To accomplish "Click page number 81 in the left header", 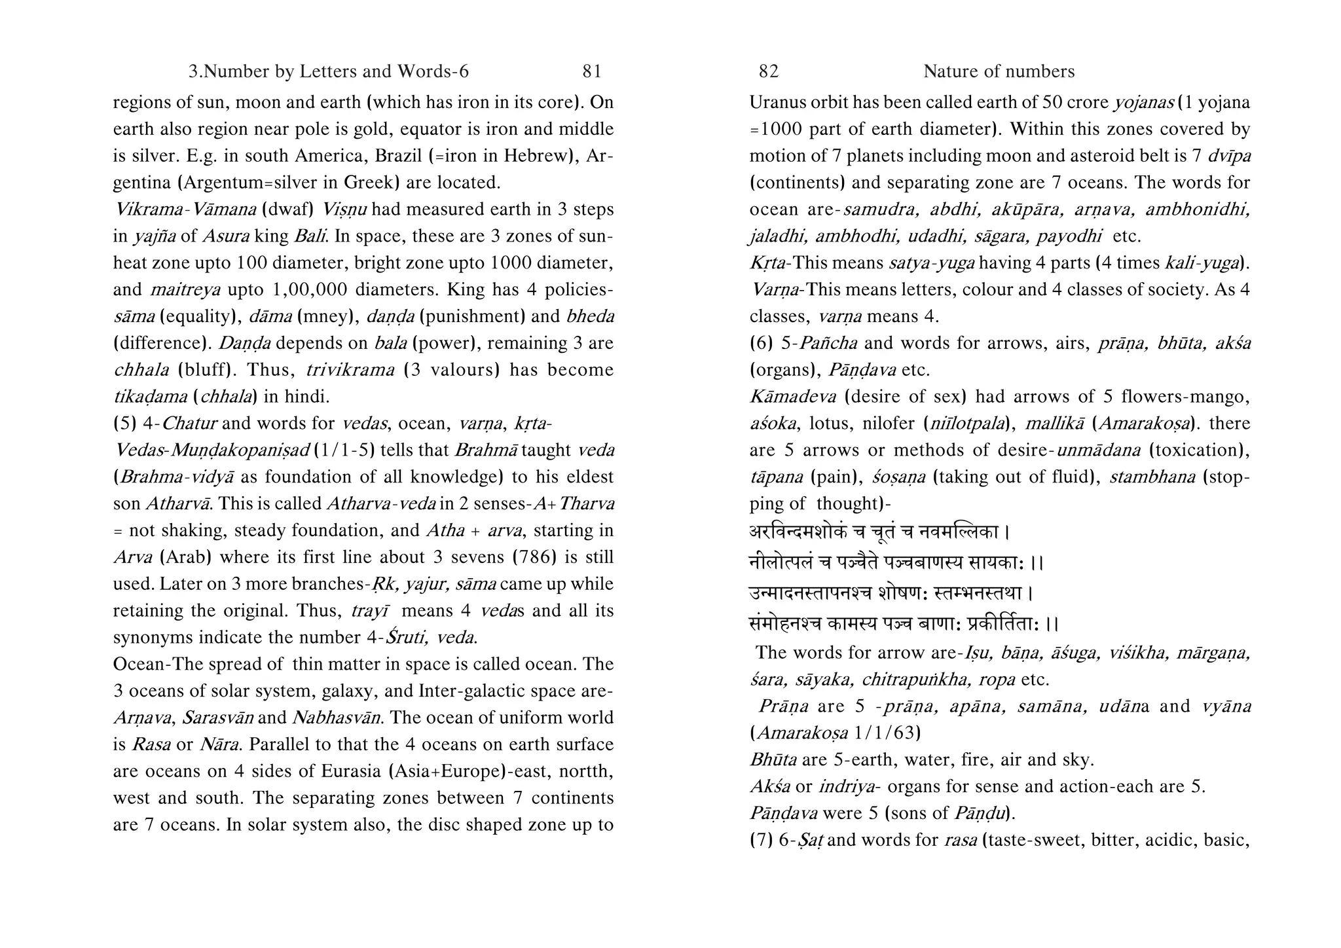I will [591, 71].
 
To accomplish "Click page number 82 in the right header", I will [768, 71].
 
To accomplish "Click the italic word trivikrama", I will [350, 370].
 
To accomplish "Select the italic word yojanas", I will [1143, 103].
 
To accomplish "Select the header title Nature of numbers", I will [999, 71].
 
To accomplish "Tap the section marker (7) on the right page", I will [761, 840].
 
